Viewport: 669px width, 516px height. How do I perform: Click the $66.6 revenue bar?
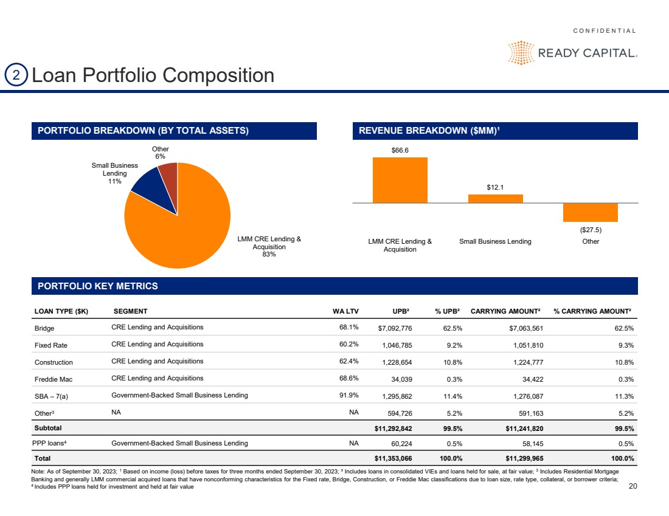[x=400, y=180]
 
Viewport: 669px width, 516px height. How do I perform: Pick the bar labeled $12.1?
[x=495, y=198]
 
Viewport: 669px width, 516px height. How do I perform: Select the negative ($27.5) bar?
[x=590, y=212]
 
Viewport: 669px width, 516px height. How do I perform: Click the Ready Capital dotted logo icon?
[x=521, y=53]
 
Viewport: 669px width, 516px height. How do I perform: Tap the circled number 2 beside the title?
[x=16, y=75]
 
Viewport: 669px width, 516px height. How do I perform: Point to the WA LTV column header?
[x=345, y=311]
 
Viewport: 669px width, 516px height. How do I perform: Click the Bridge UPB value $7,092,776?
[x=395, y=328]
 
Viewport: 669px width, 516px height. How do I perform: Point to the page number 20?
[x=631, y=486]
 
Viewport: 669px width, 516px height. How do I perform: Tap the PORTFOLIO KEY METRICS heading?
[x=98, y=286]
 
